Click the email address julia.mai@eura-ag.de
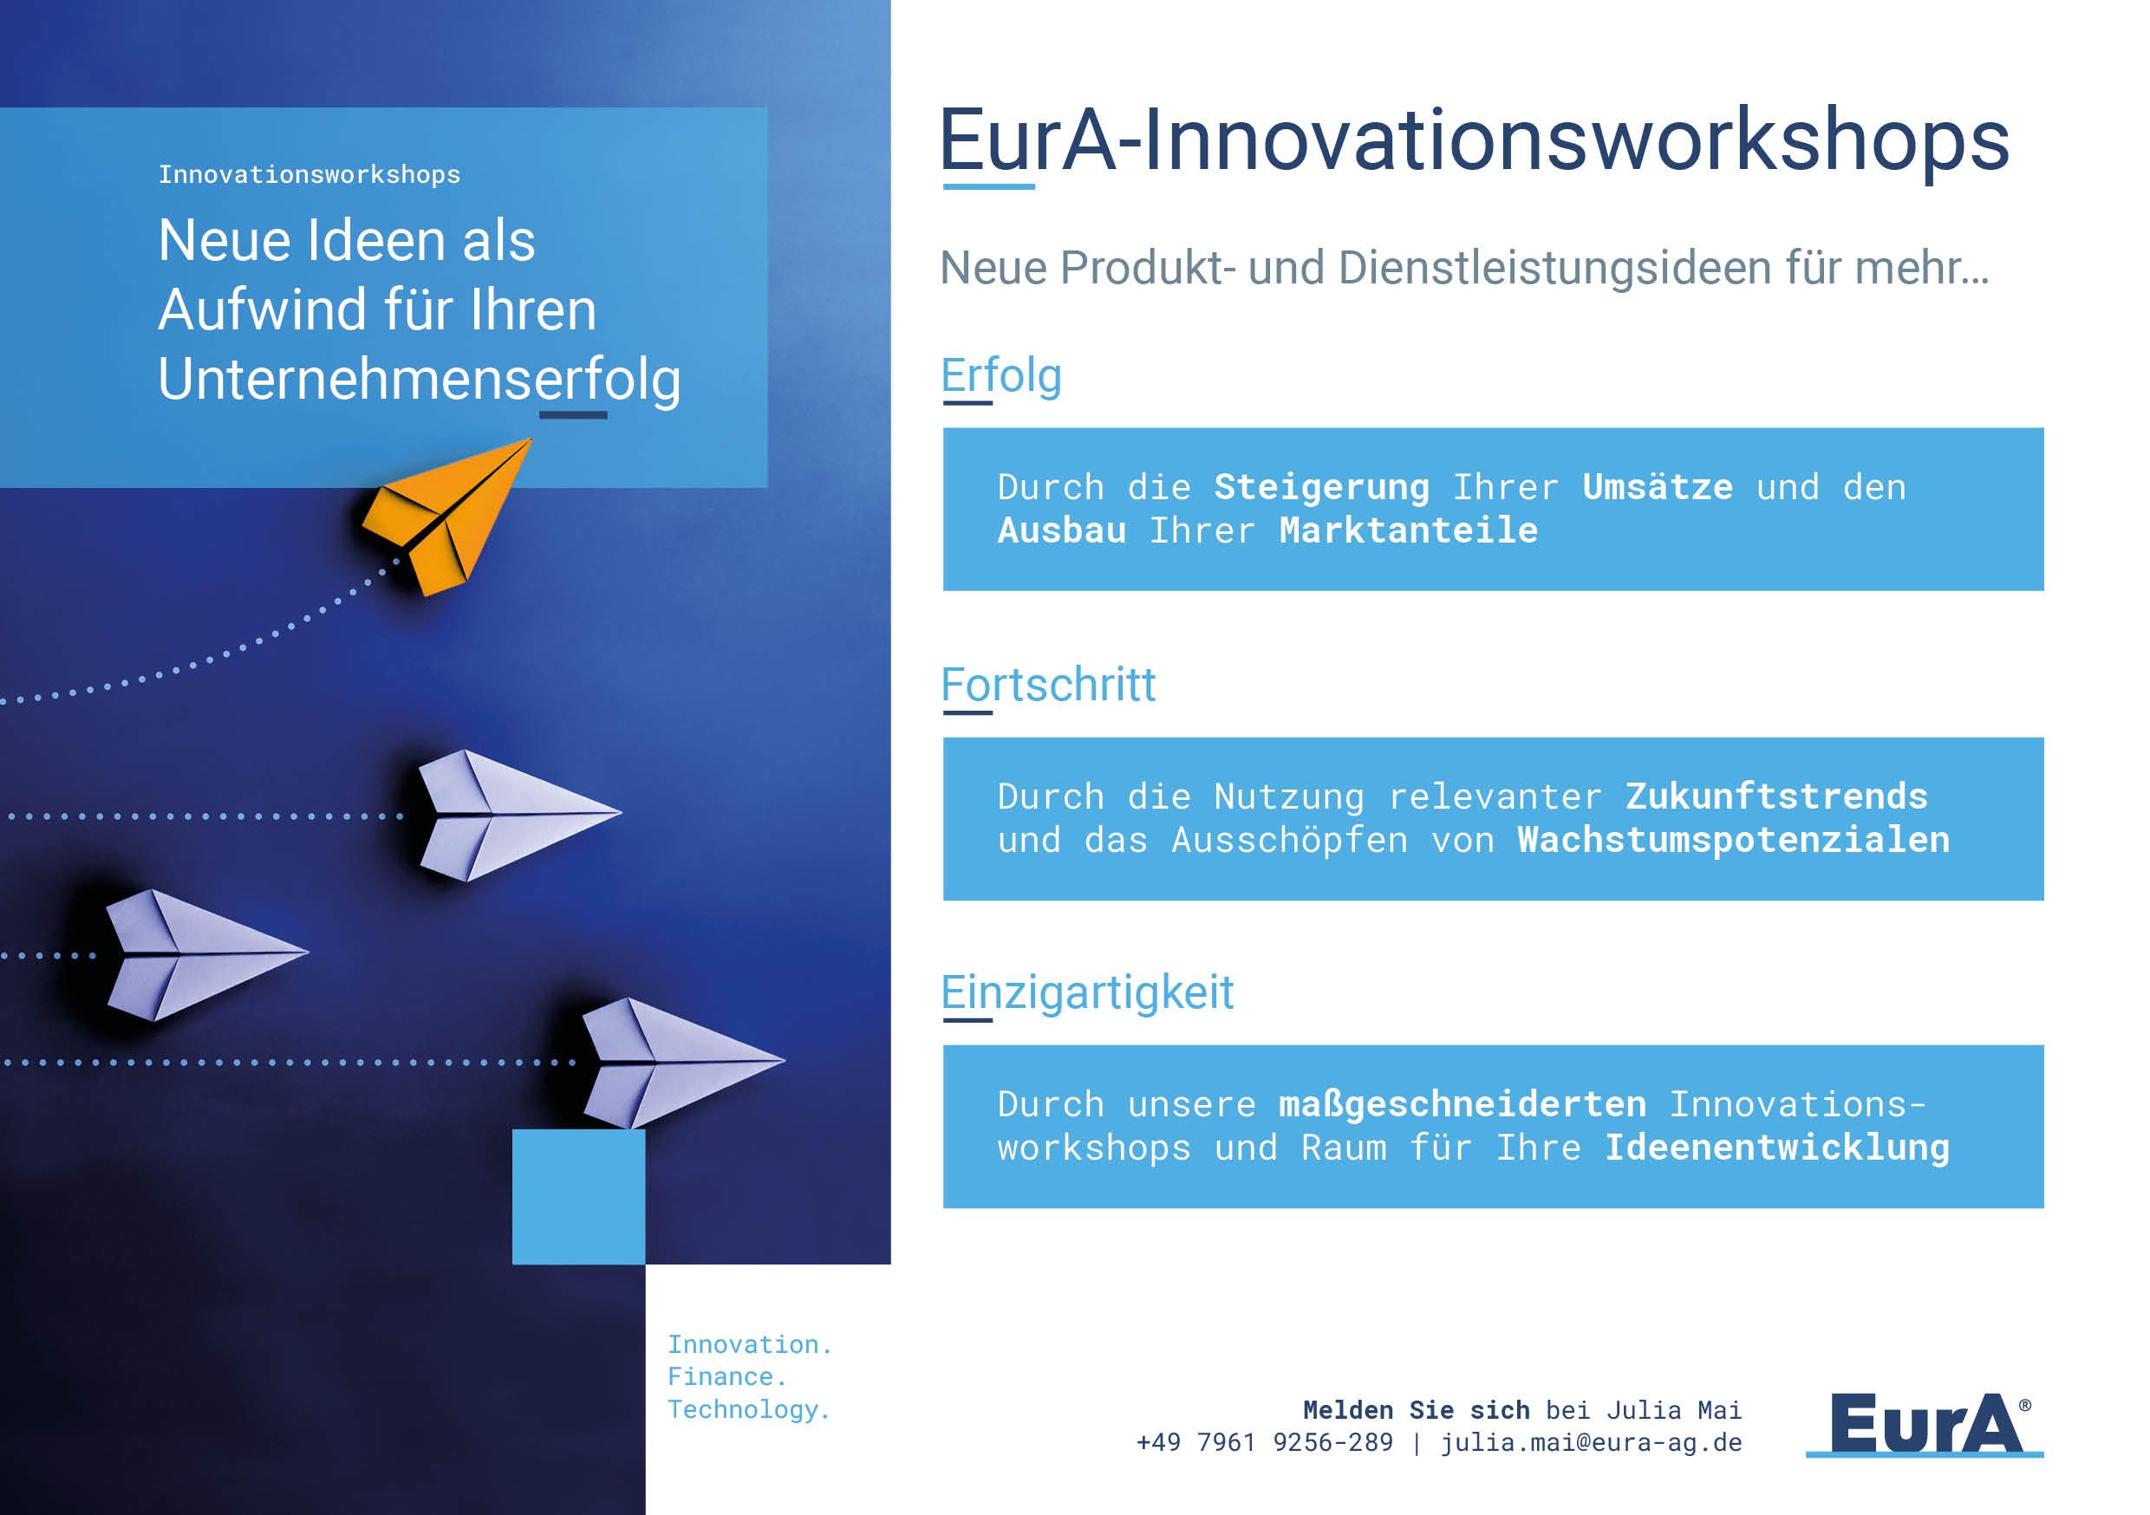tap(1591, 1443)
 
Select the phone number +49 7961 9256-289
tap(1264, 1443)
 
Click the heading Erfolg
tap(1001, 376)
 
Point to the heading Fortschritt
tap(1048, 686)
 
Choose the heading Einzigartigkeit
tap(1087, 992)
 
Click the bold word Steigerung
tap(1321, 488)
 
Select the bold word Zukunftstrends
tap(1776, 797)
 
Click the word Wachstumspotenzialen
tap(1733, 840)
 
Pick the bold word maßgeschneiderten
tap(1462, 1105)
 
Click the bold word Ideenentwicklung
tap(1776, 1148)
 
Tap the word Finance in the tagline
tap(721, 1377)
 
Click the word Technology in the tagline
tap(744, 1410)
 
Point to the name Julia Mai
tap(1674, 1410)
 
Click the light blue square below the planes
tap(577, 1197)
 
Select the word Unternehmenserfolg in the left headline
tap(419, 380)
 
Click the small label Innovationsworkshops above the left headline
tap(309, 175)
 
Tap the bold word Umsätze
tap(1658, 488)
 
